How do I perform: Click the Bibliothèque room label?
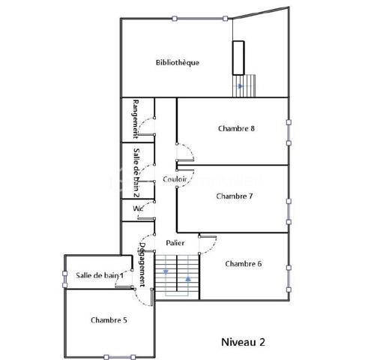178,62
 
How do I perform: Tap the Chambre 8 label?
237,128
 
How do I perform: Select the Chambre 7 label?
234,196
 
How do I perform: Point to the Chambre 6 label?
243,263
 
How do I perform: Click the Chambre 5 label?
109,320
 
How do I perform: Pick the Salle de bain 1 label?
100,276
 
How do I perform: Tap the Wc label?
138,208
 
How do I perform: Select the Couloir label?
175,179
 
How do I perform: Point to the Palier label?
175,244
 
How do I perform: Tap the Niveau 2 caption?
243,340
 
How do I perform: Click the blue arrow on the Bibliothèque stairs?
240,86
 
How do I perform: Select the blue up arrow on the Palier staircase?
188,278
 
